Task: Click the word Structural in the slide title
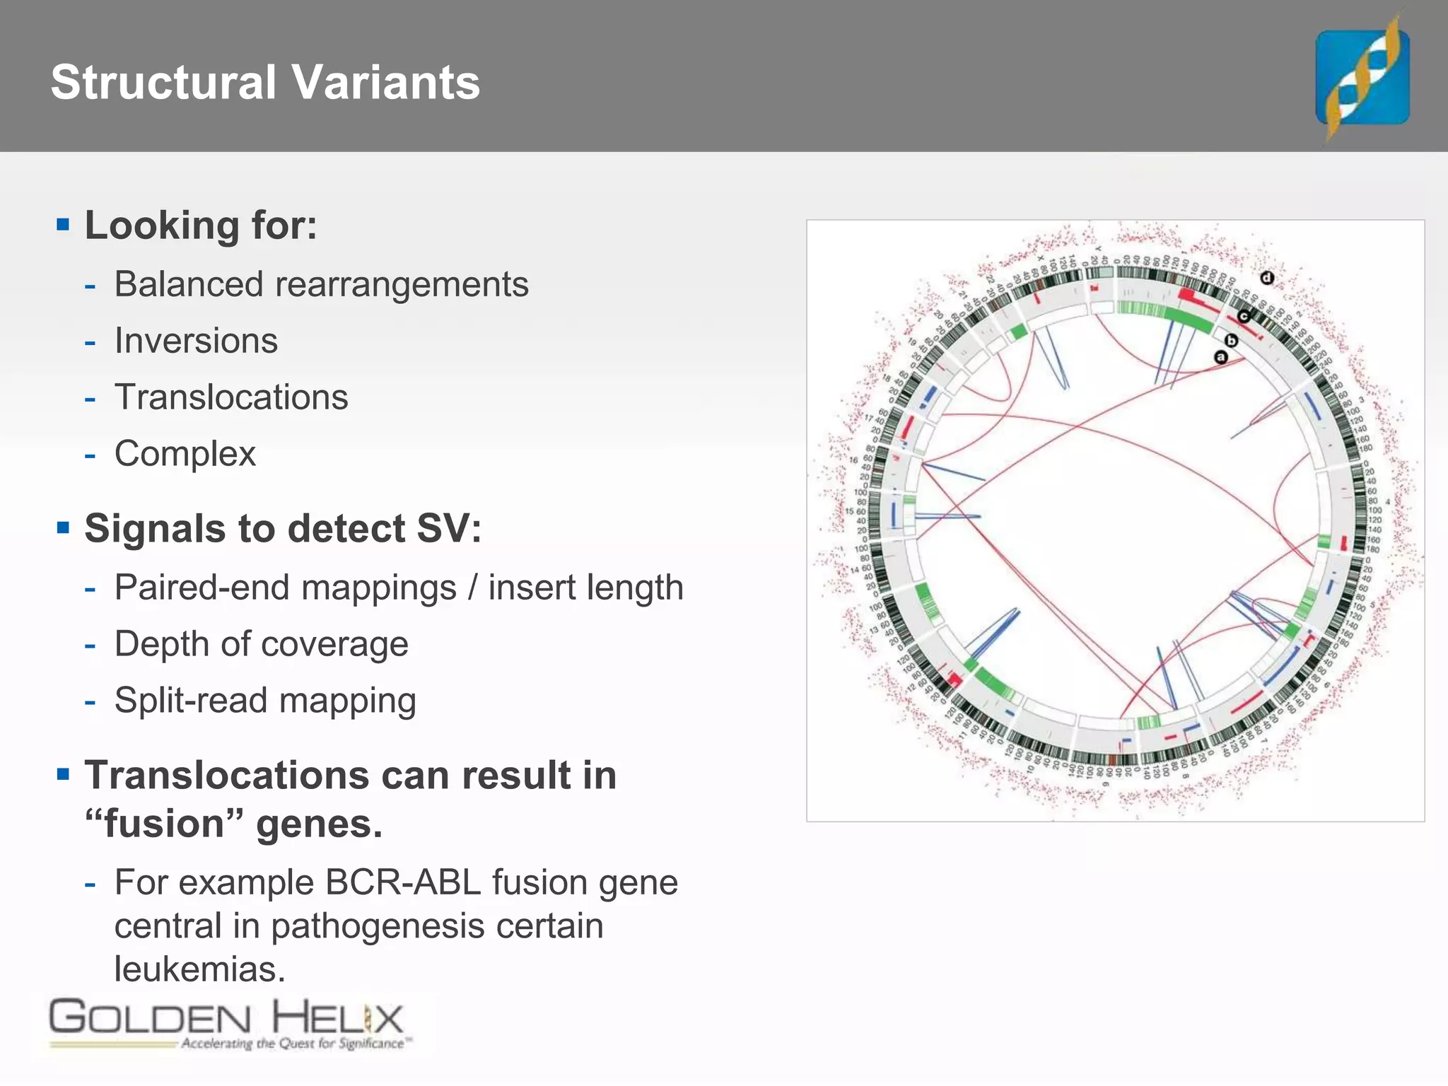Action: [x=163, y=83]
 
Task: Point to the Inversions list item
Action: [x=196, y=341]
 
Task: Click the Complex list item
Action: [x=185, y=454]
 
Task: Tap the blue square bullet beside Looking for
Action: [x=64, y=226]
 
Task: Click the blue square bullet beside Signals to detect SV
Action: [x=64, y=528]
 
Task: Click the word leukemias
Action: [x=199, y=969]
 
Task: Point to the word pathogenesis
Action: [x=378, y=926]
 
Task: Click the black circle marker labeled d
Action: [x=1266, y=278]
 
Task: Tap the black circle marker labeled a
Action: [x=1220, y=357]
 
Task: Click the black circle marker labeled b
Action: [x=1231, y=341]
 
